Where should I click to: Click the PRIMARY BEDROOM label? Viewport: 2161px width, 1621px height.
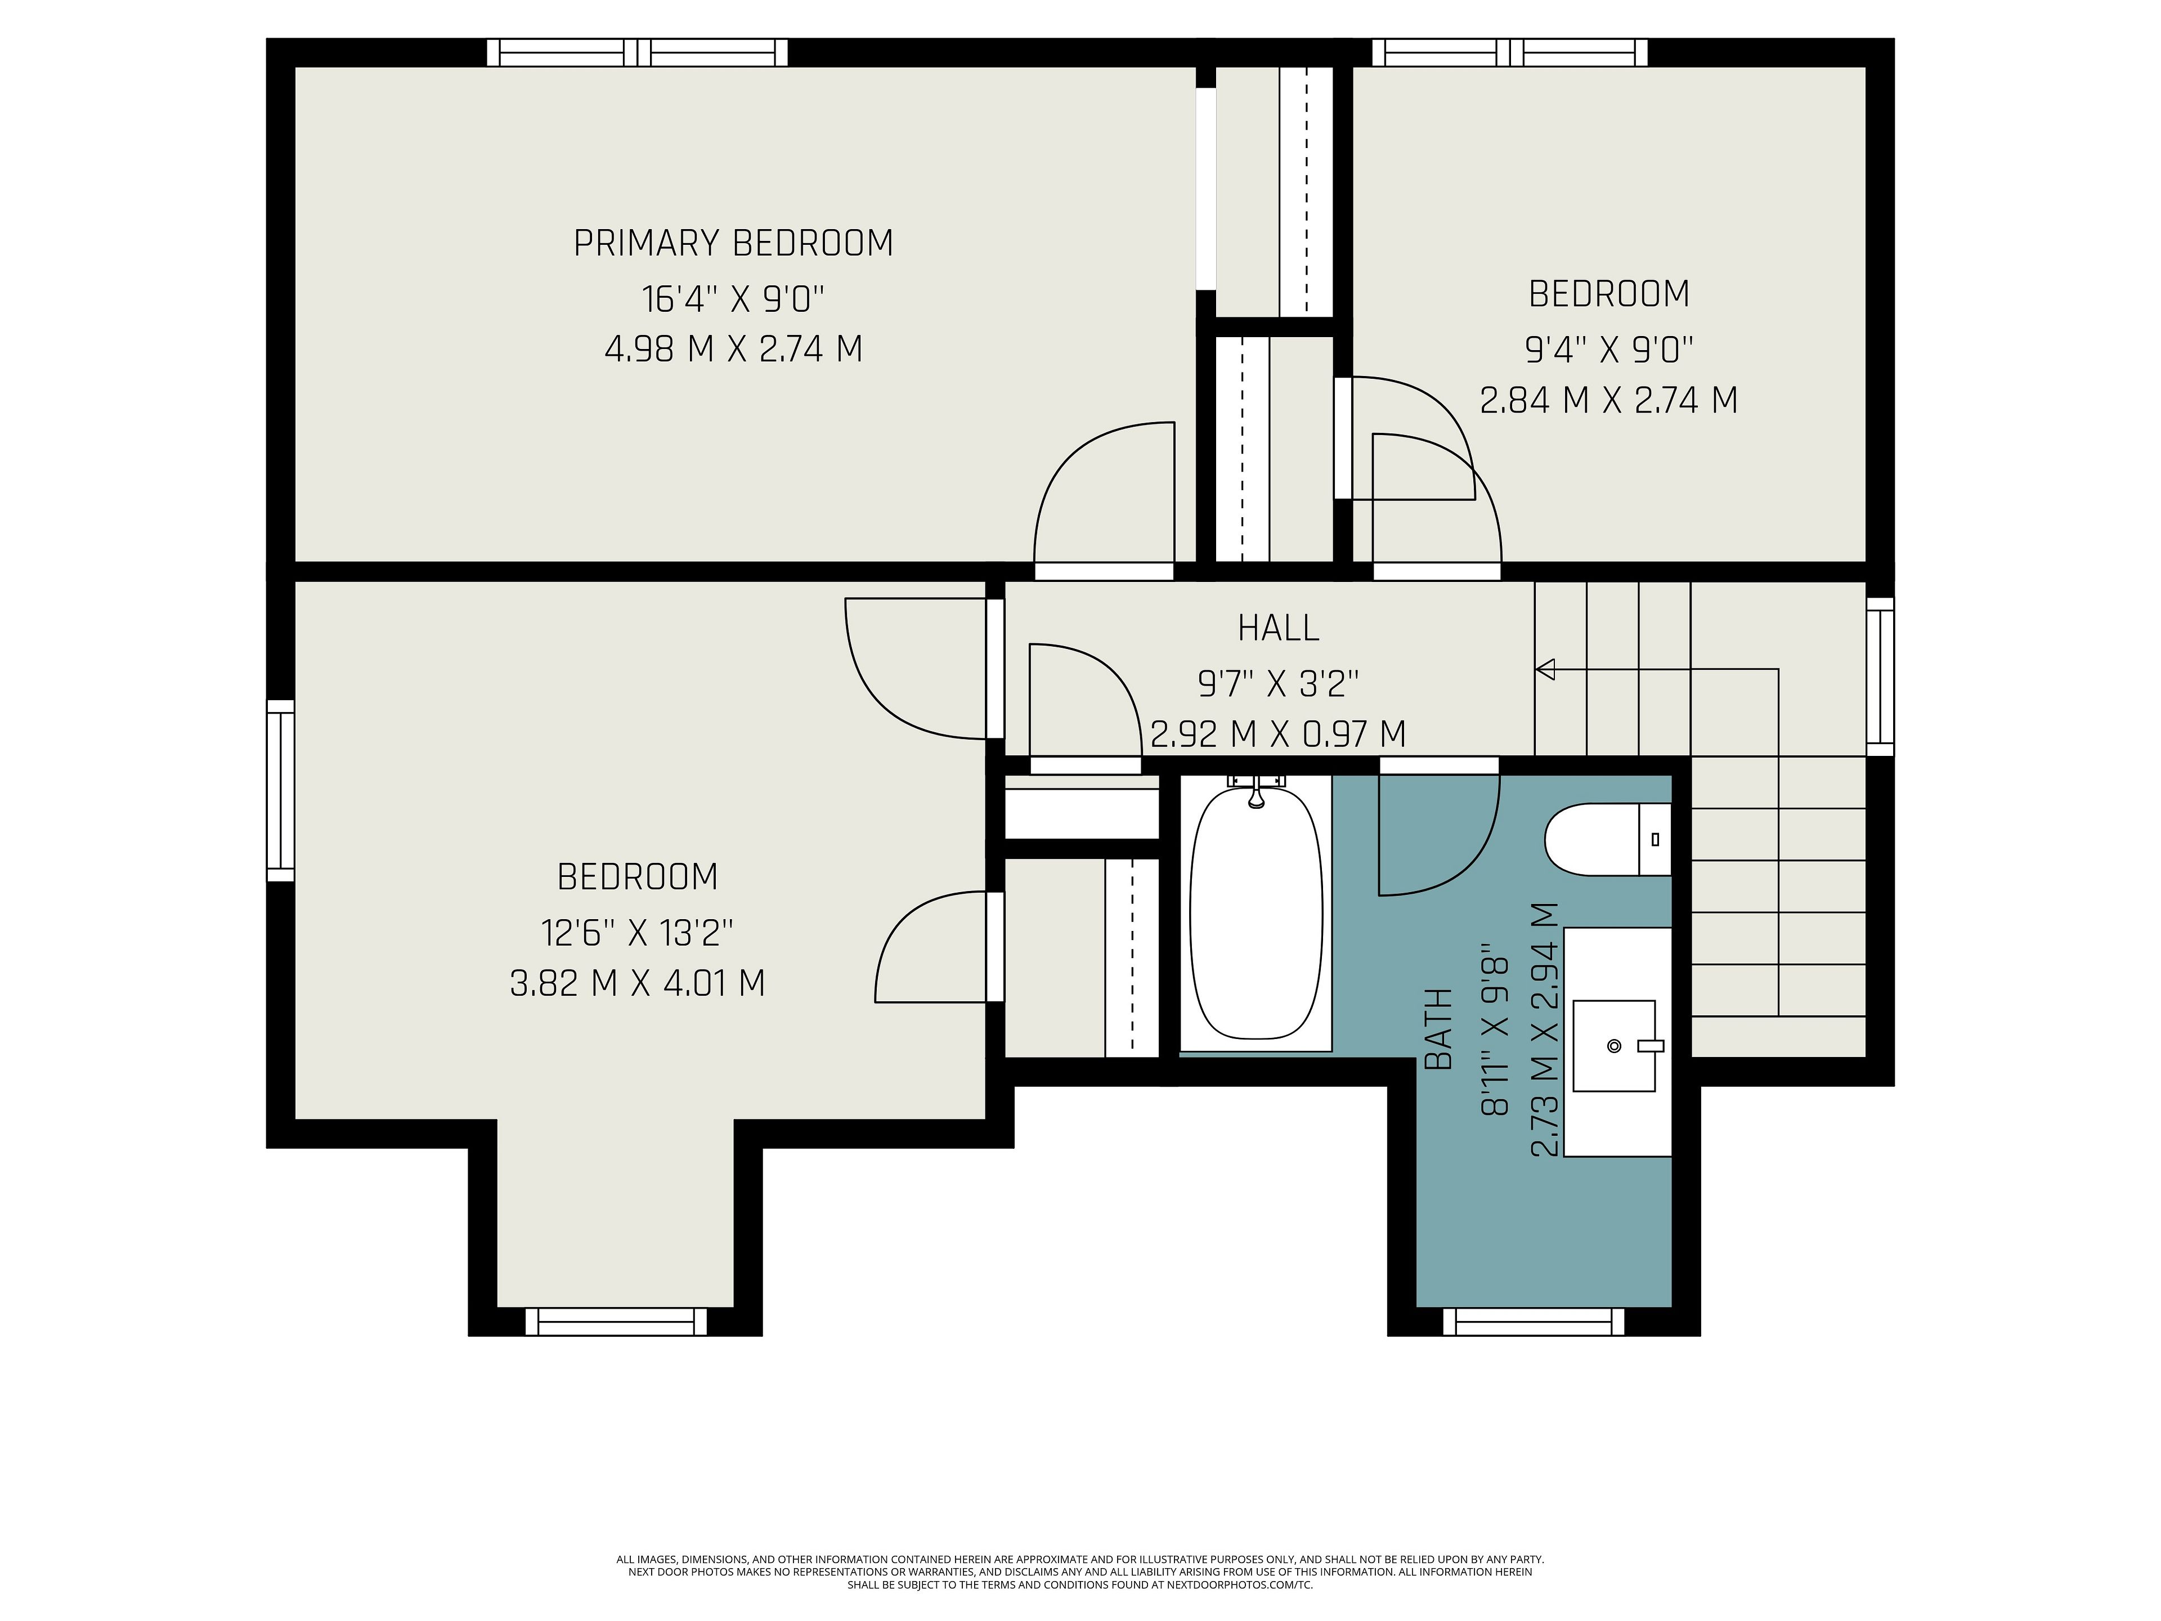[x=733, y=243]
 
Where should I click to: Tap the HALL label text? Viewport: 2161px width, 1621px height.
[x=1278, y=628]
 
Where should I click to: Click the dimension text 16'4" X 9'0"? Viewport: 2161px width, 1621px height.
[x=733, y=298]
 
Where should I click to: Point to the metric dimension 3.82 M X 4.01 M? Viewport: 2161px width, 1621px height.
[x=637, y=982]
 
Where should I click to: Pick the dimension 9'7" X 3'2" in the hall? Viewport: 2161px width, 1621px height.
[x=1278, y=683]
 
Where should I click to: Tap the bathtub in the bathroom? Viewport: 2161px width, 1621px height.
[x=1256, y=914]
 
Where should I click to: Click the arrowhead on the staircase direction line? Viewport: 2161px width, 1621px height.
[x=1545, y=669]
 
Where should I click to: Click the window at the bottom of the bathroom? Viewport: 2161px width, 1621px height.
[x=1533, y=1322]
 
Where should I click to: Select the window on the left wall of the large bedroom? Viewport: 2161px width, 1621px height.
[x=280, y=790]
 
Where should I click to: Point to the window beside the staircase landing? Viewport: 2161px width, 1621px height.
[x=1880, y=676]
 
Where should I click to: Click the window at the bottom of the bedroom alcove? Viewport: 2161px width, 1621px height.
[x=616, y=1322]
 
